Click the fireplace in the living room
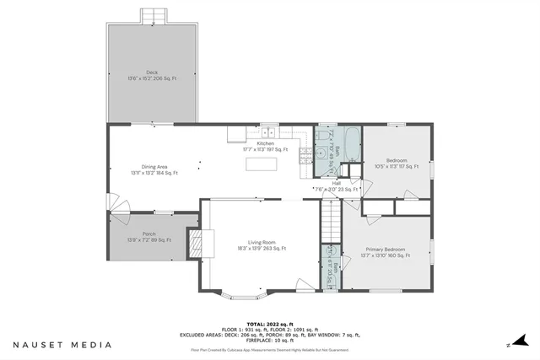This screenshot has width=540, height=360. click(x=196, y=244)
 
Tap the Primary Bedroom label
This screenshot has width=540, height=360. click(x=385, y=252)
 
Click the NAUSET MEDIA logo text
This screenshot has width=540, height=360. click(x=62, y=345)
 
